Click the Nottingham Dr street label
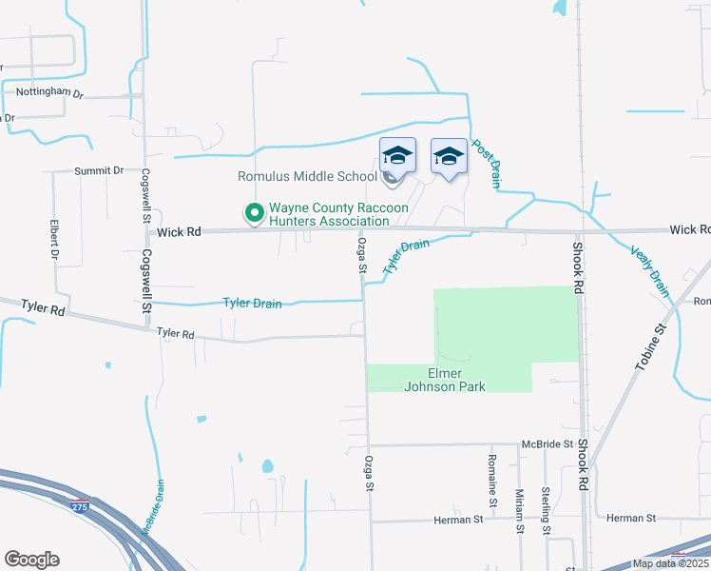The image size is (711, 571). [50, 93]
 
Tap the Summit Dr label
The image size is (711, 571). [100, 170]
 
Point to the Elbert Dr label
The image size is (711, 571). [53, 241]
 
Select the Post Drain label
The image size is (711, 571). [486, 159]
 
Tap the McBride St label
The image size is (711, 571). [547, 444]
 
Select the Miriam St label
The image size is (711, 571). [519, 511]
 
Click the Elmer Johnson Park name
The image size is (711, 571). [445, 380]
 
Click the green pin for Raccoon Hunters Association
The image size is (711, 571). [254, 214]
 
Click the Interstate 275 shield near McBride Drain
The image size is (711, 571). [80, 504]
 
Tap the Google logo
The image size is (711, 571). [31, 560]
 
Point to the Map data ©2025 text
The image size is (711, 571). [670, 563]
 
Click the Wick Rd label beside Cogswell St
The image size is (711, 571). [180, 231]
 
